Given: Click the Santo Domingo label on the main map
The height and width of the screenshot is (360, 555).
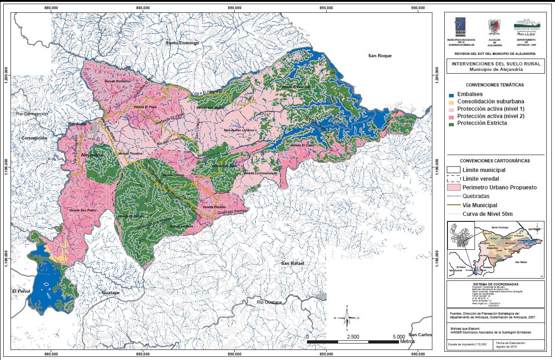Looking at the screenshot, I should pyautogui.click(x=183, y=43).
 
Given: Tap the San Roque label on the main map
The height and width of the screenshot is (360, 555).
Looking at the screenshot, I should pyautogui.click(x=380, y=56).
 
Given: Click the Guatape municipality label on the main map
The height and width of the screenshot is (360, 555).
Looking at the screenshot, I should pyautogui.click(x=110, y=292).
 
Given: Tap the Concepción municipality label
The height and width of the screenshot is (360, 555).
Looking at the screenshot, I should pyautogui.click(x=34, y=137).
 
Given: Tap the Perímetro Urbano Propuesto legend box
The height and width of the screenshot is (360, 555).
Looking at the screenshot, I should pyautogui.click(x=453, y=188).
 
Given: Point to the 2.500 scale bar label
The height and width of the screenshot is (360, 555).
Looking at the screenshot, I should pyautogui.click(x=353, y=336).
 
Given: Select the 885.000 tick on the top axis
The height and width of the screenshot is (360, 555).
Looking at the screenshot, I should pyautogui.click(x=143, y=8).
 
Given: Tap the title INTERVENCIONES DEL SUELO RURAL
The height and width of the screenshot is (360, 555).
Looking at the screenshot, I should pyautogui.click(x=495, y=64).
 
